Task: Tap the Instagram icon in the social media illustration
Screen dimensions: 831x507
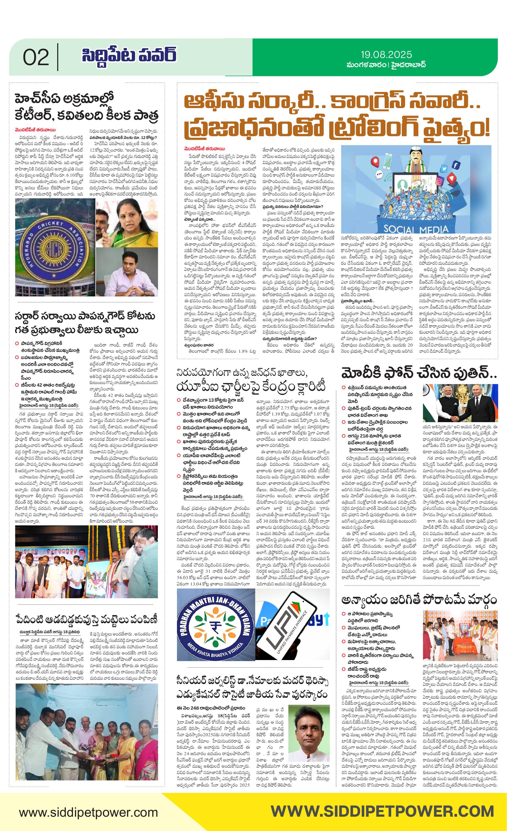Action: pos(439,181)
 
